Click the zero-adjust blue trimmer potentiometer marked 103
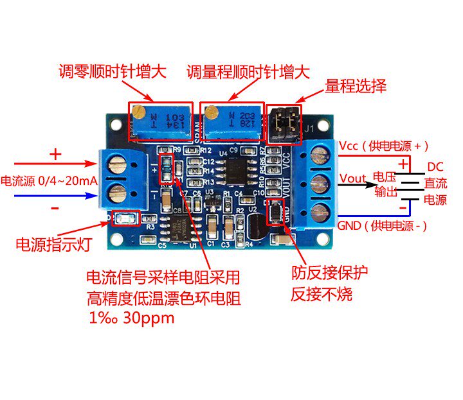(x=160, y=121)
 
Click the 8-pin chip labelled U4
(x=230, y=170)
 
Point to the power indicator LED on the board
(x=126, y=219)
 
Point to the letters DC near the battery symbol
(x=435, y=167)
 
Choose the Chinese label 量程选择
(x=356, y=85)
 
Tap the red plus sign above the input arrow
(x=55, y=154)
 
